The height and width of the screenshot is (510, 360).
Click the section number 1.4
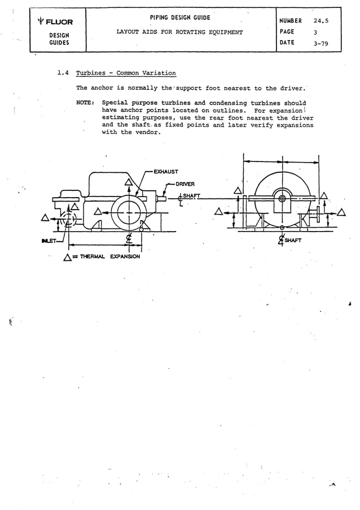coord(64,73)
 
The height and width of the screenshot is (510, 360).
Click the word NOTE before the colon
coord(85,103)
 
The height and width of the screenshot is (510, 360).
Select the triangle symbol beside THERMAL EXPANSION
coord(67,258)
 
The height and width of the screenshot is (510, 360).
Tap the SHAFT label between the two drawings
coord(190,195)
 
